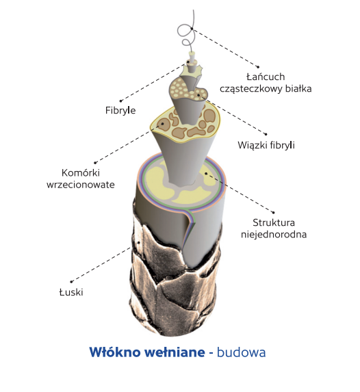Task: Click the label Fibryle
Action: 120,110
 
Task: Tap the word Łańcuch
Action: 266,77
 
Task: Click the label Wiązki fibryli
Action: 266,145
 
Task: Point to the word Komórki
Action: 81,172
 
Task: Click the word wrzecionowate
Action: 81,185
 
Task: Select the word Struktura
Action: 274,222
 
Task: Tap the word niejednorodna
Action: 274,234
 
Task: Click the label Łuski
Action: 71,292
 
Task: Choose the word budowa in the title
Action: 241,352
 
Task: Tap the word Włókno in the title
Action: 115,352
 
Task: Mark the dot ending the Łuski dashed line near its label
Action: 71,282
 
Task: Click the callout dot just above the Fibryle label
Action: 120,101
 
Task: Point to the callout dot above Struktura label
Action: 274,213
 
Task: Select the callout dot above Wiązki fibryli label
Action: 266,134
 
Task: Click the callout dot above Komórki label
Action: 95,163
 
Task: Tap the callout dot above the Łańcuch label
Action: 258,67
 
